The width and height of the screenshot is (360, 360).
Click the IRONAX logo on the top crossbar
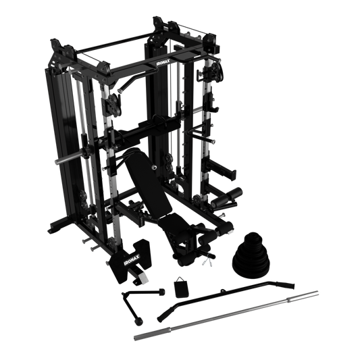pos(163,62)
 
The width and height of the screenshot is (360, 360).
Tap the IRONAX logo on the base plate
pos(132,259)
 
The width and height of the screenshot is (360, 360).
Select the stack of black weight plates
pos(251,255)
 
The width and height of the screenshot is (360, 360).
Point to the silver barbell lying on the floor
pos(226,315)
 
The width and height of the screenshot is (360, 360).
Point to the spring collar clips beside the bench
pos(207,262)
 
